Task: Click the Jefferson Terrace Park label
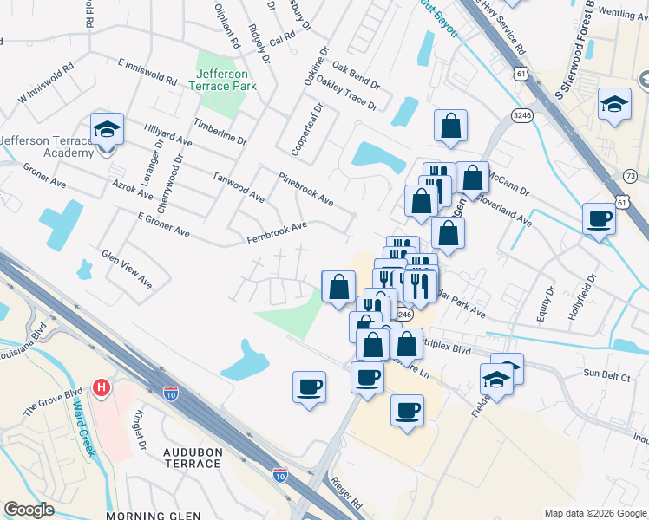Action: pos(222,81)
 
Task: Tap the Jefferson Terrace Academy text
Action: pos(47,146)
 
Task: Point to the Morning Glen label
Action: pos(147,516)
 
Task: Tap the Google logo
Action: pos(29,509)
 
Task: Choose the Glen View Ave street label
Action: pos(127,270)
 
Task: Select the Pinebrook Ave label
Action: pos(305,188)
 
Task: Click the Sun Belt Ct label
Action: pos(604,373)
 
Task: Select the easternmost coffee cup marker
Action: pos(599,219)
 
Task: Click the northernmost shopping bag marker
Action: pos(450,126)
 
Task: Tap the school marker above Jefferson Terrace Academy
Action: pos(108,130)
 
